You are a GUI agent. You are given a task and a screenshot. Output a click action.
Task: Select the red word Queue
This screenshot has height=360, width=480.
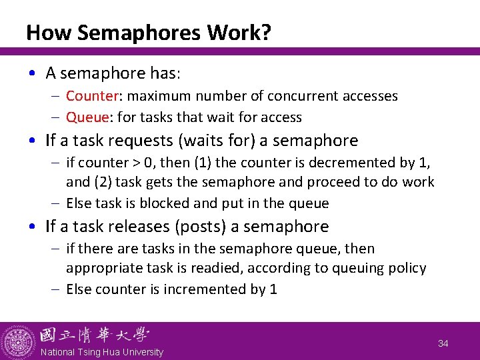[x=87, y=117]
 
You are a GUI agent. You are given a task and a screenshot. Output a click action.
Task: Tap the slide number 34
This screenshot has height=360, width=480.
[x=443, y=343]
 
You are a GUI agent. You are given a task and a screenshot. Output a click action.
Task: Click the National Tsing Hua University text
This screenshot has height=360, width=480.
[x=101, y=352]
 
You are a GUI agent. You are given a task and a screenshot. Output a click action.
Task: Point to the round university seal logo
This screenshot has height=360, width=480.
[x=18, y=341]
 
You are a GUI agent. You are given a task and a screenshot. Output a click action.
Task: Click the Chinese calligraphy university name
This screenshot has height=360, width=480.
[x=94, y=335]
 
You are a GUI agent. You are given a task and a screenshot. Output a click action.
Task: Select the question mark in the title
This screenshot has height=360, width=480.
[x=266, y=33]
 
